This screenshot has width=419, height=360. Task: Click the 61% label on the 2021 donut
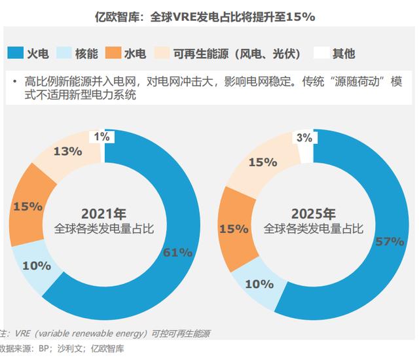click(x=177, y=252)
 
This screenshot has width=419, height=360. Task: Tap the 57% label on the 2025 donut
click(x=389, y=242)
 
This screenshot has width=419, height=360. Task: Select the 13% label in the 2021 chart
click(x=67, y=151)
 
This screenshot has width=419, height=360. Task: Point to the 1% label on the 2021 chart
click(x=101, y=137)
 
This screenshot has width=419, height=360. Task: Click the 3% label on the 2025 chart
click(x=304, y=138)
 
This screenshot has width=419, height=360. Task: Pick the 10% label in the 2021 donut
click(x=37, y=265)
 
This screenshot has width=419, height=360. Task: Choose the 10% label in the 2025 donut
click(x=259, y=284)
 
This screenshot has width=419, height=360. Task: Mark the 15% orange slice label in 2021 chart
click(x=27, y=206)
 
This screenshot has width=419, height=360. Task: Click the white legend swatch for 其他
click(x=321, y=52)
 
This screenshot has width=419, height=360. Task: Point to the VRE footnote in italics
click(x=105, y=334)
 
